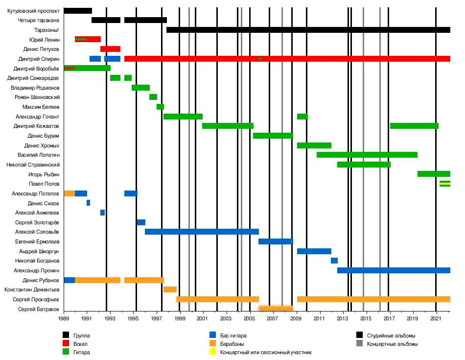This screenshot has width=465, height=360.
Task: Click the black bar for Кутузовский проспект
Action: pos(78,11)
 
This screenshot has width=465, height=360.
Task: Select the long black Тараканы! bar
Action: pos(308,30)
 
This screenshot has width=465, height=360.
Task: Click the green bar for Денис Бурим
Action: pos(273,136)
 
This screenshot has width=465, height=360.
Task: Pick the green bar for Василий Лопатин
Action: pos(367,155)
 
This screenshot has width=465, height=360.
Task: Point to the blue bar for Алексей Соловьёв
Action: pos(202,232)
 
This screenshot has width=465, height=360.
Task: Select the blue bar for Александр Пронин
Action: pos(394,270)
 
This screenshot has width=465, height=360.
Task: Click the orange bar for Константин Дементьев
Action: pos(170,289)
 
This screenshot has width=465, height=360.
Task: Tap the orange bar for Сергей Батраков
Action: pos(275,309)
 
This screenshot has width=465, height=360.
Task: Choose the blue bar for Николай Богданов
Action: pos(334,261)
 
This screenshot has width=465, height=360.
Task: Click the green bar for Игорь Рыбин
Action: pos(434,174)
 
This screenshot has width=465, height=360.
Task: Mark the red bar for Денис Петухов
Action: pos(110,49)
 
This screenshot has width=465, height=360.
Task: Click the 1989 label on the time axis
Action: pos(64,319)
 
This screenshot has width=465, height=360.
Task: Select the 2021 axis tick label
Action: pos(436,319)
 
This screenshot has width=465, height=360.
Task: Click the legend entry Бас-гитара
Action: pos(233,336)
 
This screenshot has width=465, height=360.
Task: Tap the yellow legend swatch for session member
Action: pos(213,352)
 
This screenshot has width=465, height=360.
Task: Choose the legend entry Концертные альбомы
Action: pos(392,344)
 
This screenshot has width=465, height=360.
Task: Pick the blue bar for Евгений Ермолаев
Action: pos(276,241)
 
